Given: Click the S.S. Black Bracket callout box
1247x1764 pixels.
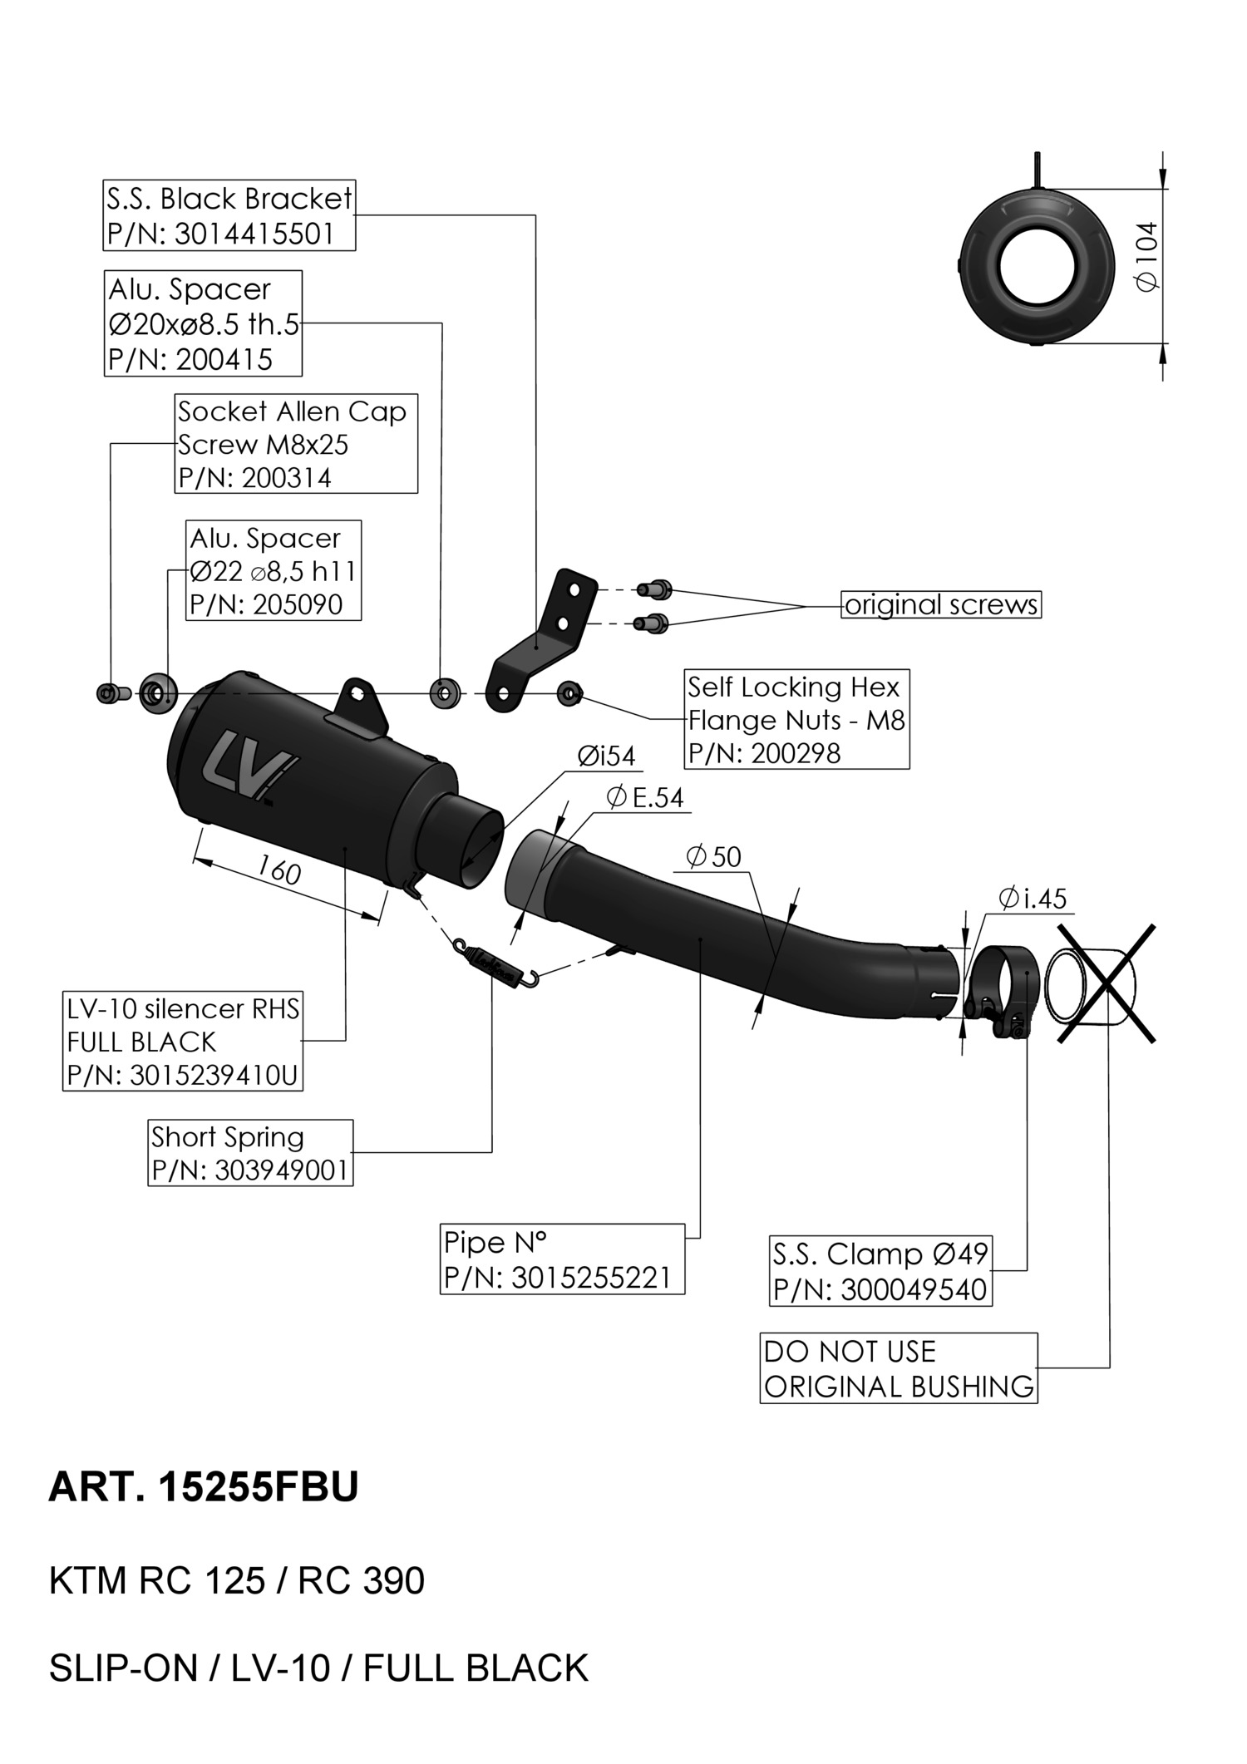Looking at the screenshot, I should (229, 215).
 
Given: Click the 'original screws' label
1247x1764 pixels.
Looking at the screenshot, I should (941, 604).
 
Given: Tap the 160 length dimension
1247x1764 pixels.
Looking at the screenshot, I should (278, 870).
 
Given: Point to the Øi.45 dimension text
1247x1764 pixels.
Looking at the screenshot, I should (1033, 899).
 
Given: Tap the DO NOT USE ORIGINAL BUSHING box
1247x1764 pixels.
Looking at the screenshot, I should (898, 1368).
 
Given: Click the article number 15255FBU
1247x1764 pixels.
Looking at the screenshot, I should (258, 1486).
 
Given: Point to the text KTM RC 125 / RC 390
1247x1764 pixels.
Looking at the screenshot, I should (237, 1580).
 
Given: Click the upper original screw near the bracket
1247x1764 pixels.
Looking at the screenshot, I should (653, 589).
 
